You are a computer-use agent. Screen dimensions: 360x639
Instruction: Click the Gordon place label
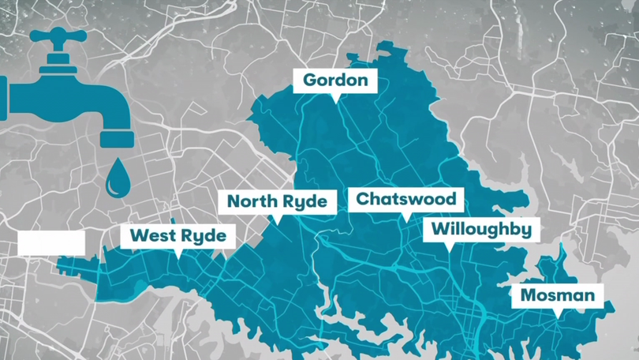pos(335,81)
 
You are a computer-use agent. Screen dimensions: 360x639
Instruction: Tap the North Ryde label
pos(277,201)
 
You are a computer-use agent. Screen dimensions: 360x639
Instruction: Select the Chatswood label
pos(405,198)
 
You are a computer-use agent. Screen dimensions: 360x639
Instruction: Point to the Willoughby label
pos(481,231)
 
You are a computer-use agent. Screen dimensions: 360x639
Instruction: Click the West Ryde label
pos(177,235)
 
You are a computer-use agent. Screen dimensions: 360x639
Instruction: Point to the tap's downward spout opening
pos(117,139)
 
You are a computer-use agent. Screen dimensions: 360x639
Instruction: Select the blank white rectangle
pos(50,243)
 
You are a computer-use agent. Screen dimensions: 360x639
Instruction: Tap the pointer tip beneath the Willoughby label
pos(450,249)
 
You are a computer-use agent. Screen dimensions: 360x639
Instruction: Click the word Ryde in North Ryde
pos(303,201)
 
